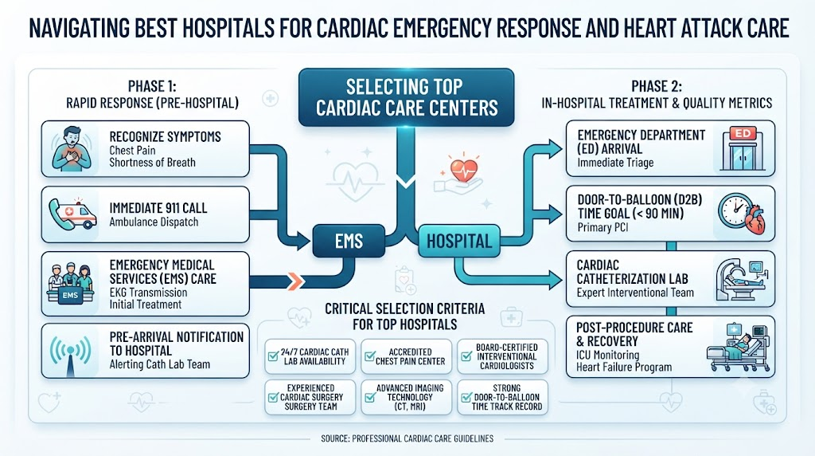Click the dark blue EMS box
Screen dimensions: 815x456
pos(349,241)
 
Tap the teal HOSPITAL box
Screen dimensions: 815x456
pos(459,241)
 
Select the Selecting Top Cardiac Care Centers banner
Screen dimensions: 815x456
pos(407,97)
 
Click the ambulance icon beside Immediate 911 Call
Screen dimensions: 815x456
pos(73,214)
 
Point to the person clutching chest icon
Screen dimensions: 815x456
pos(72,149)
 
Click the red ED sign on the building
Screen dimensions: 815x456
pos(743,133)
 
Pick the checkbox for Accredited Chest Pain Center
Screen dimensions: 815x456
pos(369,356)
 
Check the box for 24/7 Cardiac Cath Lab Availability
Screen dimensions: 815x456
pos(273,356)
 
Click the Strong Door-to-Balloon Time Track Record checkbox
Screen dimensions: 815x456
pos(466,398)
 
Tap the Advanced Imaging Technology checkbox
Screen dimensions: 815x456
pos(369,398)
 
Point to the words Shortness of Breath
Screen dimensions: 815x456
pos(152,163)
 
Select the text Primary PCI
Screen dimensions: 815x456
pos(602,227)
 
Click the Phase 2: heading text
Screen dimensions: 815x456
pos(657,86)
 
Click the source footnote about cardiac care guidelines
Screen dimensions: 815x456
pos(407,438)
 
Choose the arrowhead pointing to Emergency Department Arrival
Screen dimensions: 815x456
pos(556,149)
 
